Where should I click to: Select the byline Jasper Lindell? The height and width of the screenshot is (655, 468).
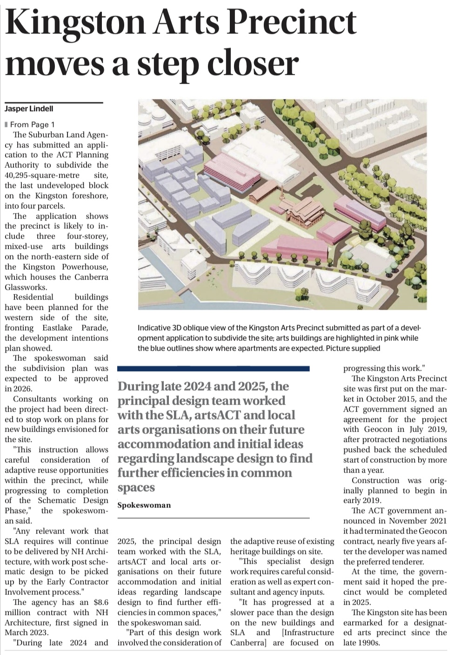point(29,108)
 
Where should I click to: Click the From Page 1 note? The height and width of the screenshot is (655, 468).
point(32,124)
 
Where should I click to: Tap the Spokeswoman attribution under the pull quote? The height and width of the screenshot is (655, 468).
point(144,505)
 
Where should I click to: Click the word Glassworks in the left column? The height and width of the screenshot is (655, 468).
point(26,287)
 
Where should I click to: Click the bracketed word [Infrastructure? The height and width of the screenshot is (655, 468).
point(308,632)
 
